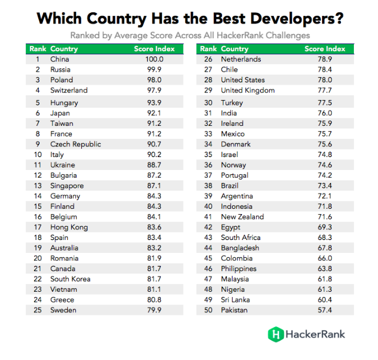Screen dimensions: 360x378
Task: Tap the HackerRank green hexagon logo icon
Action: point(275,334)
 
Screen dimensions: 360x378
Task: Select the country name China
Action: point(59,59)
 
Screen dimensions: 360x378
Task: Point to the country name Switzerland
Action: point(69,90)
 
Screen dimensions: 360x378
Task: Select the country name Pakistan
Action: point(234,310)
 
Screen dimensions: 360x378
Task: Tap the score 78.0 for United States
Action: point(325,80)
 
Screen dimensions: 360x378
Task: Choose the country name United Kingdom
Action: point(247,90)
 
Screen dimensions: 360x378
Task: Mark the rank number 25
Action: point(37,310)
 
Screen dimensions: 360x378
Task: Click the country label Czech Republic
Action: point(75,144)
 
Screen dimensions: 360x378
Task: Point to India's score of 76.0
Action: point(325,113)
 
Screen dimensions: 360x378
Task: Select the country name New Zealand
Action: point(242,216)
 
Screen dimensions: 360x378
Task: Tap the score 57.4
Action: point(325,310)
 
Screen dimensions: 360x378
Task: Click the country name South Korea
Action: point(70,279)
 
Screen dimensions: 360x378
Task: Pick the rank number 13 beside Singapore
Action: point(37,185)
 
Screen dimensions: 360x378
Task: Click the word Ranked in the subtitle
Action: point(85,35)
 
